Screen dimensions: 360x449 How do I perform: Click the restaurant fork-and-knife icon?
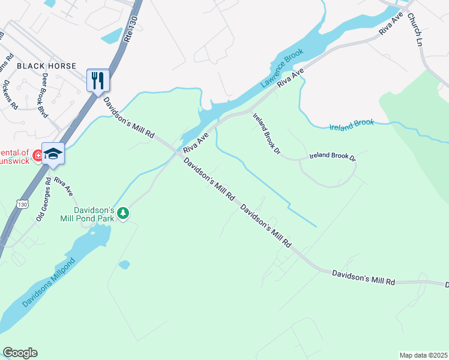tap(98, 80)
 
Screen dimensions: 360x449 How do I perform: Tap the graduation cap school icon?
tap(53, 154)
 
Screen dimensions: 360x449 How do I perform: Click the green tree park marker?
tap(123, 214)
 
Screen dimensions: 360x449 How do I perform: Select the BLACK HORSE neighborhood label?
tap(46, 65)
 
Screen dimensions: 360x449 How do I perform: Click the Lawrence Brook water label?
tap(282, 70)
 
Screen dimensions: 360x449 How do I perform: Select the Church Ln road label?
tap(415, 29)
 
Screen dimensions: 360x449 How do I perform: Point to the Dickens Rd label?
tap(11, 95)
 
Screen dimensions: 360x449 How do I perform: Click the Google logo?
tap(20, 353)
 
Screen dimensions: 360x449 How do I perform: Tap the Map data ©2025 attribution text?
tap(424, 355)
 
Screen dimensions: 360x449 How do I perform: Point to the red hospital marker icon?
tap(38, 155)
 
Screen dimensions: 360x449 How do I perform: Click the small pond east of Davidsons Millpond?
tap(124, 265)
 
